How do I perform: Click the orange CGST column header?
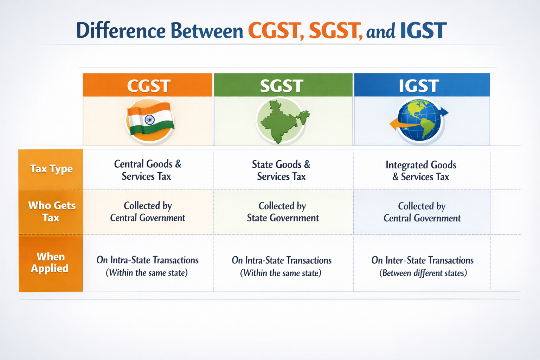click(148, 85)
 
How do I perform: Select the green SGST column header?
click(283, 85)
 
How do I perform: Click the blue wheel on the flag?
click(149, 120)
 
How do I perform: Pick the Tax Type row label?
click(51, 169)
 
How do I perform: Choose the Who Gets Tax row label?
click(51, 212)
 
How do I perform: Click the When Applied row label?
click(50, 263)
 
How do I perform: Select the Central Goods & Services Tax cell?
click(147, 170)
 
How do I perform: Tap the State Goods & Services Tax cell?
click(281, 171)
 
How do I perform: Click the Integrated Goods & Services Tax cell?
click(421, 171)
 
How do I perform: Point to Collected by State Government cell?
click(283, 212)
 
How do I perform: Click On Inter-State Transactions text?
click(422, 261)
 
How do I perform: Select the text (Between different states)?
click(423, 273)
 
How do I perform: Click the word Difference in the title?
click(121, 31)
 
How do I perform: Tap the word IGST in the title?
click(423, 31)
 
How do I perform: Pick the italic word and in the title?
click(381, 32)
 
